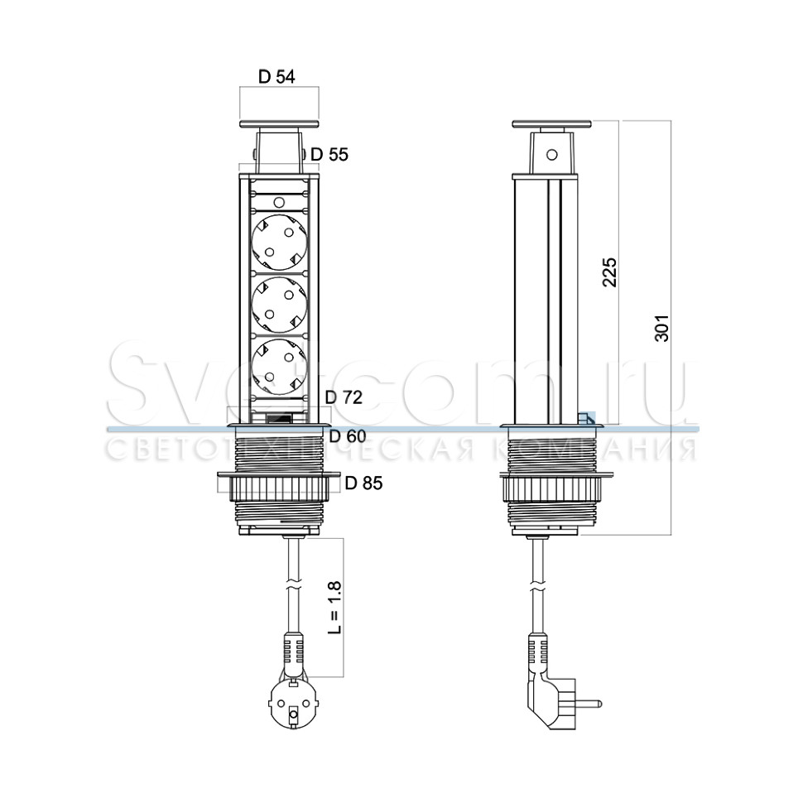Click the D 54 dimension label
click(x=276, y=77)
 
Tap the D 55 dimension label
click(x=329, y=154)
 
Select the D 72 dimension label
click(x=344, y=397)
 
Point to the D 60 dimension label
click(x=348, y=435)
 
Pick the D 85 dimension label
click(x=363, y=483)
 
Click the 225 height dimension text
click(x=609, y=272)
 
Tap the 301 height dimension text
click(x=661, y=329)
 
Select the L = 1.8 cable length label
click(x=334, y=608)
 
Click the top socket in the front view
click(x=279, y=243)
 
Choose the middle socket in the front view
click(x=279, y=305)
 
